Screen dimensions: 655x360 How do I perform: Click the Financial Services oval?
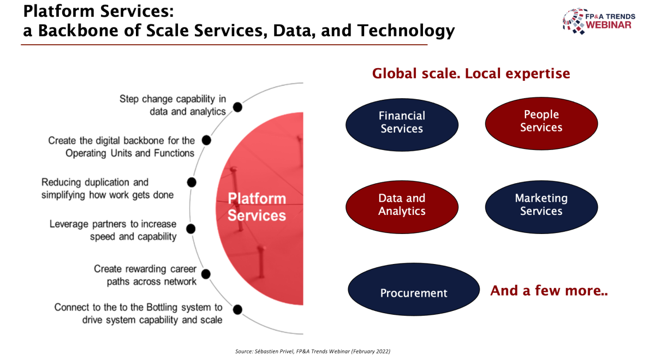(x=402, y=125)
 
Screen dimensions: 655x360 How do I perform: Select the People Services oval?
(x=541, y=124)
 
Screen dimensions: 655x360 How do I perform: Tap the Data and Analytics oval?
(x=402, y=207)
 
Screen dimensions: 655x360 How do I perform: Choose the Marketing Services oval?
(x=541, y=207)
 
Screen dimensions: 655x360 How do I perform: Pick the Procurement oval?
(x=414, y=289)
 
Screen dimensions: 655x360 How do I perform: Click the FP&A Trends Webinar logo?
(x=599, y=21)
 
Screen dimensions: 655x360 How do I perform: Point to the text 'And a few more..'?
(x=549, y=290)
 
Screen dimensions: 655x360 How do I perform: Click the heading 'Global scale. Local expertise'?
(x=471, y=73)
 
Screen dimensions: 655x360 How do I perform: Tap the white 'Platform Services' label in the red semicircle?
(x=257, y=207)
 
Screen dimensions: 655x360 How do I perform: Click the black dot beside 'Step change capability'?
(x=237, y=107)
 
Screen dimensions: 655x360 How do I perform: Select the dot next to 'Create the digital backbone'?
(x=206, y=140)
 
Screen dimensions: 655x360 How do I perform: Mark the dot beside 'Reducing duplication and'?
(x=192, y=182)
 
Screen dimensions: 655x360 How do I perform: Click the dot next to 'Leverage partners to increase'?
(x=190, y=229)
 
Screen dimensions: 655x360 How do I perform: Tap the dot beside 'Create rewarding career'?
(x=206, y=274)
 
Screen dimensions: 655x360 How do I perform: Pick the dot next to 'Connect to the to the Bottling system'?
(x=237, y=309)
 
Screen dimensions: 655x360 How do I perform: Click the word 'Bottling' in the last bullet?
(x=162, y=308)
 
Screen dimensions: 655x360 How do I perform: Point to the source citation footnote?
(x=313, y=351)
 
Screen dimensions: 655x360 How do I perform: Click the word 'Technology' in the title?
(x=406, y=31)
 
